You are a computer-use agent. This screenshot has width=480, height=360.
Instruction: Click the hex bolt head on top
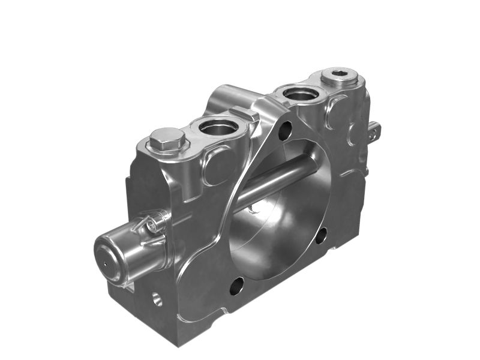tap(167, 139)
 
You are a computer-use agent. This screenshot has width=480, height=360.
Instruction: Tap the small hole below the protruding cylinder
tap(157, 298)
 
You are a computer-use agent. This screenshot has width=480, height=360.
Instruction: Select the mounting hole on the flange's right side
tap(322, 235)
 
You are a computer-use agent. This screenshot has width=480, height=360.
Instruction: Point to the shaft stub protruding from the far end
tap(373, 130)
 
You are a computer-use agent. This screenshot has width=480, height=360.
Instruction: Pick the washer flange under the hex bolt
tap(168, 148)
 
